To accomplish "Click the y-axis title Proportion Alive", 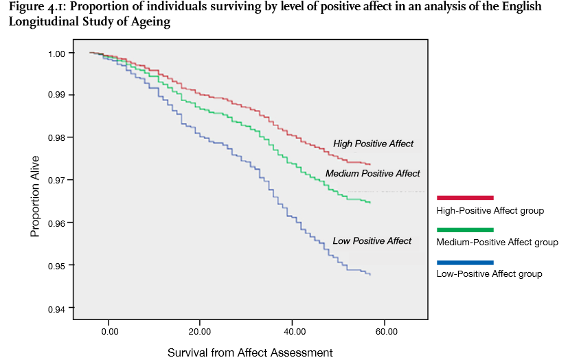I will [35, 196].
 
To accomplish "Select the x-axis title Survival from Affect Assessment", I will [250, 352].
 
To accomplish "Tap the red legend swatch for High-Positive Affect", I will [465, 197].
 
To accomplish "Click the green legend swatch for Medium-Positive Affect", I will [465, 229].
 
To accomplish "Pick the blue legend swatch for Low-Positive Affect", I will [465, 262].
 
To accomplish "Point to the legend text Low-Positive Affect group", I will [489, 274].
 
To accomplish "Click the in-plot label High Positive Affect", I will [374, 144].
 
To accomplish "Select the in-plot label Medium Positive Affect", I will [372, 173].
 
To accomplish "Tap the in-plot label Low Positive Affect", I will [372, 240].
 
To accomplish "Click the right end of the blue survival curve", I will [371, 275].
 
